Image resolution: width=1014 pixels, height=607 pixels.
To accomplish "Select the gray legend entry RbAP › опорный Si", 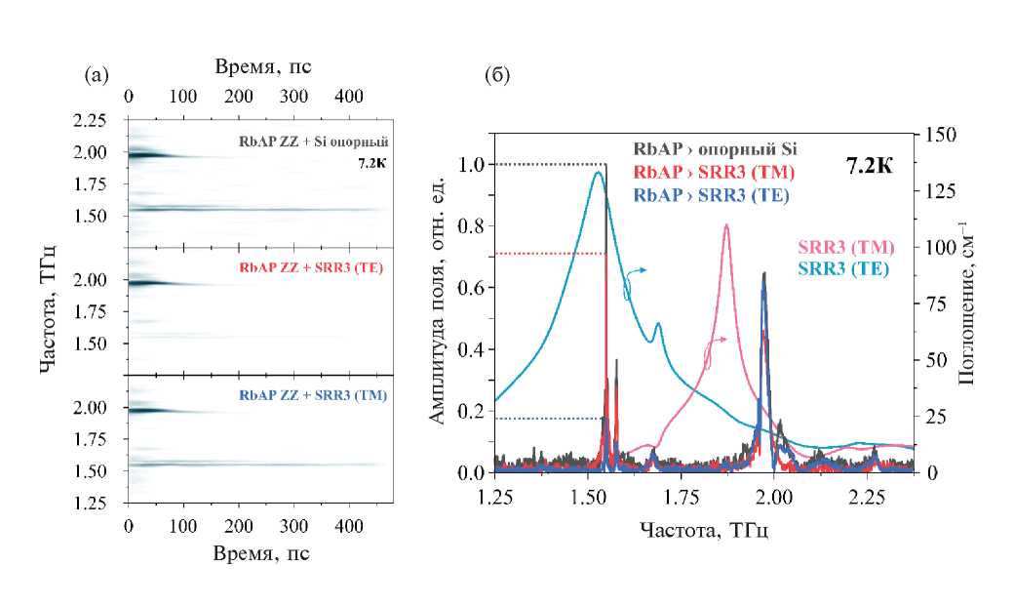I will (714, 149).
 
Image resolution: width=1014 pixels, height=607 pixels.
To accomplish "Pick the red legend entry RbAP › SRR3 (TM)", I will (714, 173).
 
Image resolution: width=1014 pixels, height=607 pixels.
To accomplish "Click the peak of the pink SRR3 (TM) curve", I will (726, 225).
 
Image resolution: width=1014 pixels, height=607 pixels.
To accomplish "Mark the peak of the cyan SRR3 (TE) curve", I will (597, 173).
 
